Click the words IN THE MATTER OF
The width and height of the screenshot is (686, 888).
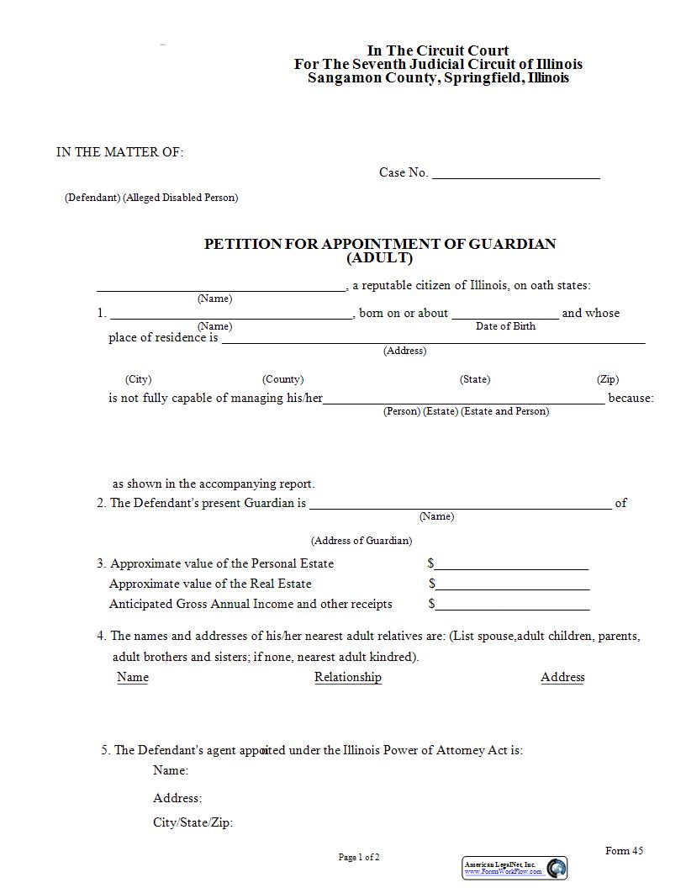click(x=119, y=152)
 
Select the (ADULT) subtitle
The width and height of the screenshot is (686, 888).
click(x=380, y=258)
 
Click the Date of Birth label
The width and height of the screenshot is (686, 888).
click(x=505, y=326)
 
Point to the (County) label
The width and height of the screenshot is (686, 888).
click(x=282, y=379)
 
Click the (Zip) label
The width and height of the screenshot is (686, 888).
click(x=608, y=379)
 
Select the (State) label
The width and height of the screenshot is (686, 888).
click(x=475, y=379)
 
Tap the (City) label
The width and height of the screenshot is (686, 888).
click(x=138, y=379)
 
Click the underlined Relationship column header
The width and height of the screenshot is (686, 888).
click(x=348, y=677)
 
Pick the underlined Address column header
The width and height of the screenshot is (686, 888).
click(x=562, y=677)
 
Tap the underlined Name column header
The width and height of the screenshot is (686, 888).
click(x=133, y=677)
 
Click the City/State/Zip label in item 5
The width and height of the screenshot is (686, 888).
click(x=193, y=822)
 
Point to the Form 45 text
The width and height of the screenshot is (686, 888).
click(x=624, y=851)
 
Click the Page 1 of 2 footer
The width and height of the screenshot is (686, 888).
click(x=359, y=858)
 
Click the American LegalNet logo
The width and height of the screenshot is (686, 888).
click(x=515, y=868)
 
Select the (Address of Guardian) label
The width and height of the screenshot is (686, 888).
click(x=361, y=541)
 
